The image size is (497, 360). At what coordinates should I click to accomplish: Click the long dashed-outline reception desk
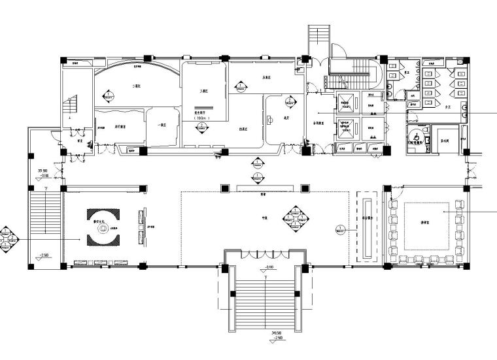tap(366, 226)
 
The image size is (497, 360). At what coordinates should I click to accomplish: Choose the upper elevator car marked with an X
tap(346, 101)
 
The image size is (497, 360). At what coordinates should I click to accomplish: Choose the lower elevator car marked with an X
tap(346, 127)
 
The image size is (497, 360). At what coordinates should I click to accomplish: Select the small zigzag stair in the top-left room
tap(70, 106)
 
